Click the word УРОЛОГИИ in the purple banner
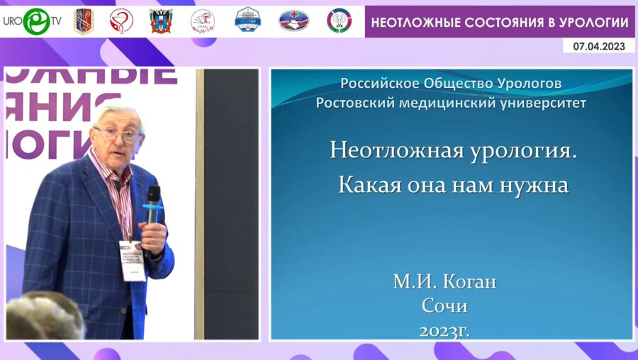(x=595, y=23)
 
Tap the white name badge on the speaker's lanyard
(x=132, y=260)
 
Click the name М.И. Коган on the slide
(x=444, y=282)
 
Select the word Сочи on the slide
(x=444, y=306)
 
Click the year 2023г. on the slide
(x=444, y=330)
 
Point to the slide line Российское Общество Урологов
(x=451, y=84)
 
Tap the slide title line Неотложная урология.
(x=453, y=150)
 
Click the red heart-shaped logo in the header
(x=121, y=21)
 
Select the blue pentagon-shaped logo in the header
(x=247, y=21)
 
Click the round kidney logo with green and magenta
(x=339, y=21)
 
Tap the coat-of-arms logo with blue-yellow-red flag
(x=161, y=21)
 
